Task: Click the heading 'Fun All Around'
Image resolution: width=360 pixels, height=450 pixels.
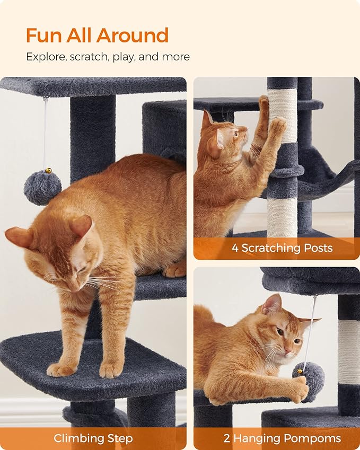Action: pos(97,36)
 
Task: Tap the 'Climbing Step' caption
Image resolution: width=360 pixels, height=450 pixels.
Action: pos(93,438)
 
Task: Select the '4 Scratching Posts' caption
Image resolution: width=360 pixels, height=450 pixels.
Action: pos(282,248)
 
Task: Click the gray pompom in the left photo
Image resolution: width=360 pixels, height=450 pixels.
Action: pos(42,188)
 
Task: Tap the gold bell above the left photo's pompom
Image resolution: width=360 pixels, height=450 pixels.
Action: pos(48,171)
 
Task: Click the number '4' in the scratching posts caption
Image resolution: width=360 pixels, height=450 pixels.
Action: pos(235,248)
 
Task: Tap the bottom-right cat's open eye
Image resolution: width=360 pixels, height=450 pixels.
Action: pos(279,332)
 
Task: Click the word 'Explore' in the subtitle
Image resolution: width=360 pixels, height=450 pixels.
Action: pos(46,57)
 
